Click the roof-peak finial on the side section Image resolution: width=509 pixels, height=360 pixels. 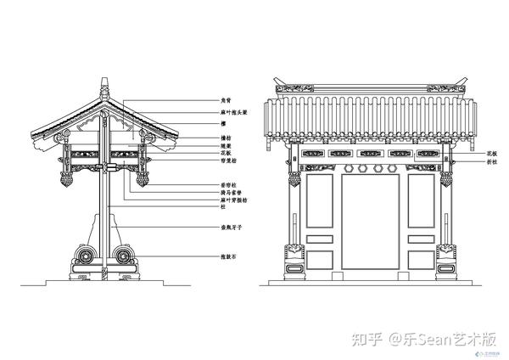[x=104, y=87]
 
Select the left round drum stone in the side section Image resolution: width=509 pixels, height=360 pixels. [x=86, y=256]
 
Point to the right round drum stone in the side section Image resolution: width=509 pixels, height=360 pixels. [x=124, y=256]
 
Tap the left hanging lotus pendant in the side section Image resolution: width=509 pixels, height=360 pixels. [x=67, y=180]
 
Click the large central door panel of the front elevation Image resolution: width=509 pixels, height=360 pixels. [x=370, y=225]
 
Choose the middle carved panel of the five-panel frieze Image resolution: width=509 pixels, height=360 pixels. [x=370, y=155]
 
